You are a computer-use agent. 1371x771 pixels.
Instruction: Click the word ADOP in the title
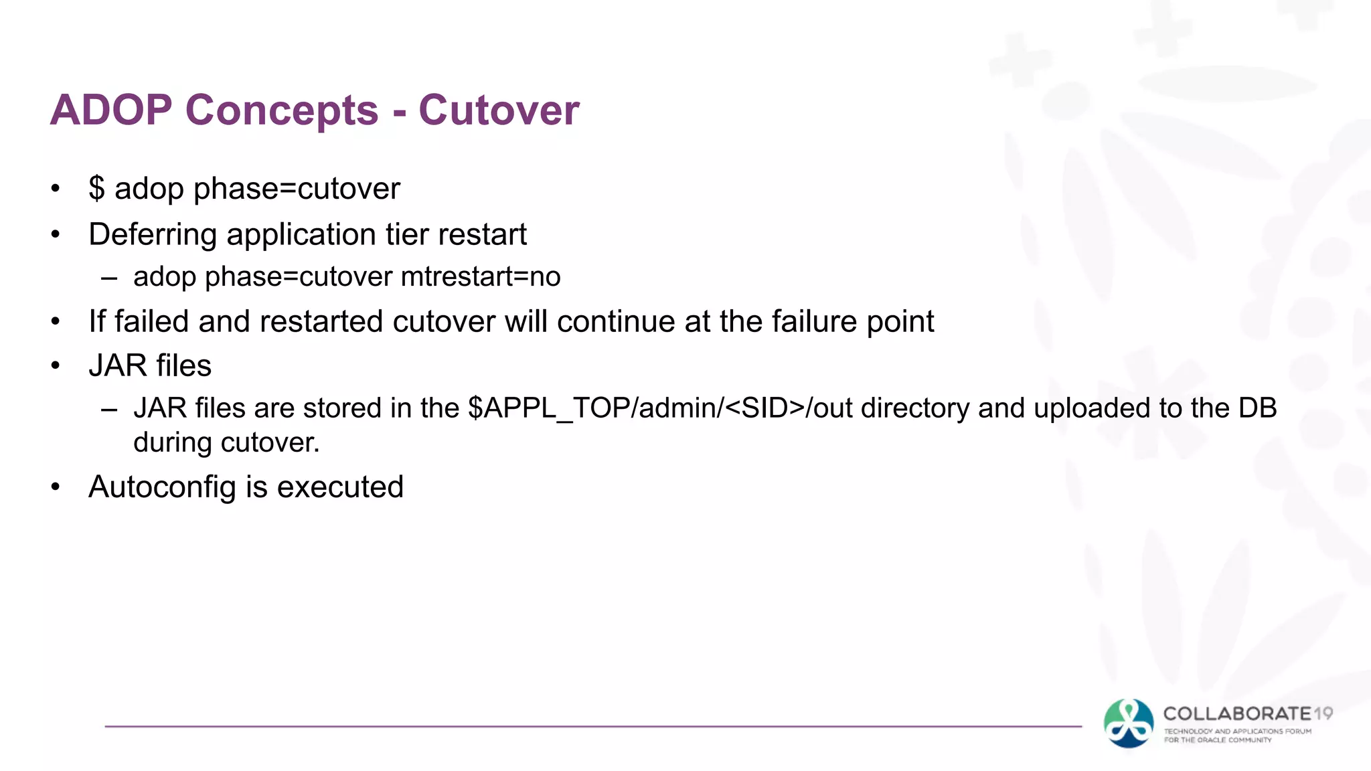(111, 110)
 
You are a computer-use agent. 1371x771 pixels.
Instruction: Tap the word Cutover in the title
(499, 110)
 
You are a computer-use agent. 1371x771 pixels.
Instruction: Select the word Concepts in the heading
(282, 110)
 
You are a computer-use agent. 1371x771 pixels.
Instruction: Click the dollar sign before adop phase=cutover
(96, 188)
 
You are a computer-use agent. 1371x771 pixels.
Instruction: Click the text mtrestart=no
(481, 276)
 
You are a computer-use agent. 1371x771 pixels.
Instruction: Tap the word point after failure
(900, 322)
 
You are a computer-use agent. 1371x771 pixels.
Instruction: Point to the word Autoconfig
(162, 487)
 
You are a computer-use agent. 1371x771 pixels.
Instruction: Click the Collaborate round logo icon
(1129, 723)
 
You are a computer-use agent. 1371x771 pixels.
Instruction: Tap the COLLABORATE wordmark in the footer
(1237, 714)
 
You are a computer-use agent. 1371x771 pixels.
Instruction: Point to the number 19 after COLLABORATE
(1323, 714)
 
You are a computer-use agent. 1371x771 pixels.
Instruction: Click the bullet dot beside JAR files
(56, 366)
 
